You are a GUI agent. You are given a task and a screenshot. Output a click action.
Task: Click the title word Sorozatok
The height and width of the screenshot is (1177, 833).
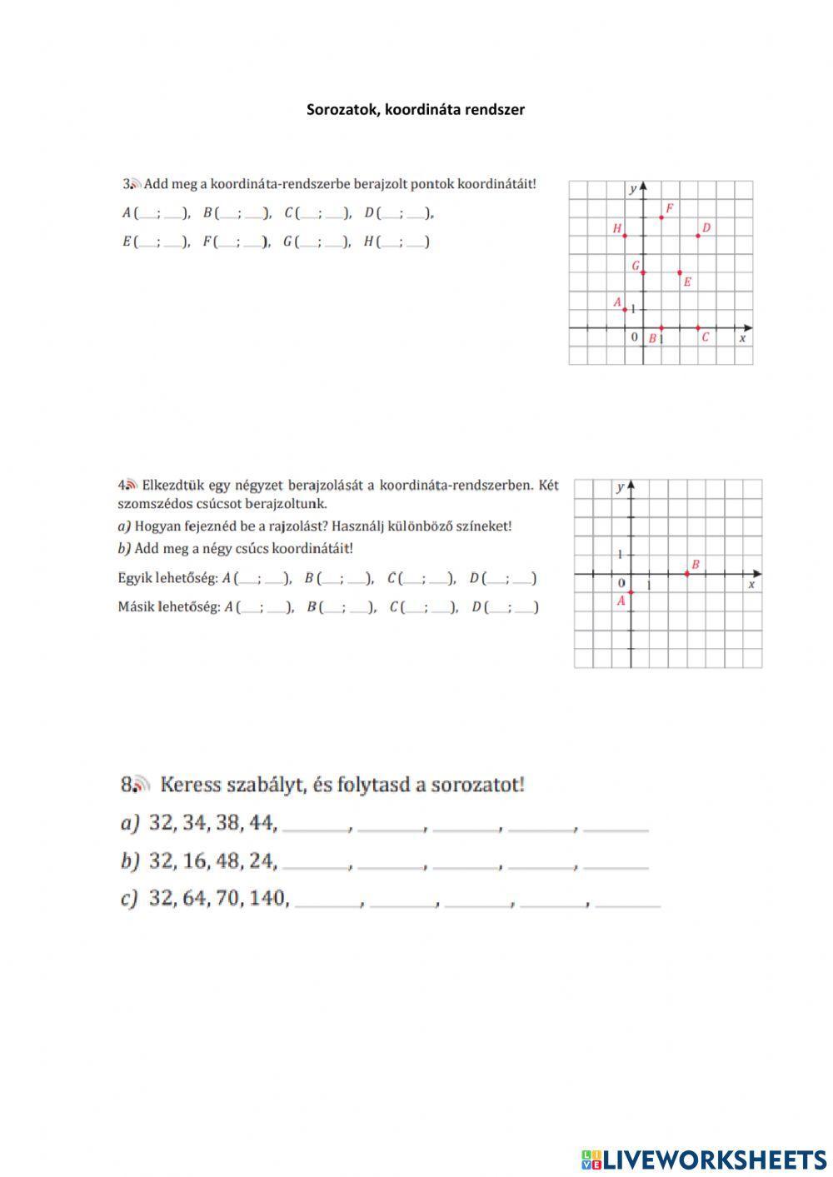click(341, 109)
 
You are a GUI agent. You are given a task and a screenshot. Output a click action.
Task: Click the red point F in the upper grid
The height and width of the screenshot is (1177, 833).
click(661, 217)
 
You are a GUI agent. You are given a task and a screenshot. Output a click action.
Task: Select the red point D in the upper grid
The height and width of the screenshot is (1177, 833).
click(698, 236)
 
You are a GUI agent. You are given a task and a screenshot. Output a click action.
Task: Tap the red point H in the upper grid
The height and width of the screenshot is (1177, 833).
click(625, 236)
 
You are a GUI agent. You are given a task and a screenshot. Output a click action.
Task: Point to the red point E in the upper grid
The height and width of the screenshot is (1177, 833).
click(680, 272)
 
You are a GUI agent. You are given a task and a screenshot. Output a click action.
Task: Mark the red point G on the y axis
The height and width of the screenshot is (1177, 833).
click(643, 272)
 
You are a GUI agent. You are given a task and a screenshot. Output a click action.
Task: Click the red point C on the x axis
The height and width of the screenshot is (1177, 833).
click(698, 328)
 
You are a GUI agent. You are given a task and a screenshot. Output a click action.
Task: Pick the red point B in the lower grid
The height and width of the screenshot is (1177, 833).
click(686, 573)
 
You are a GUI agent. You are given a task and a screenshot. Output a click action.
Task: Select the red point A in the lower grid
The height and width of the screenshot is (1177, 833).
click(631, 592)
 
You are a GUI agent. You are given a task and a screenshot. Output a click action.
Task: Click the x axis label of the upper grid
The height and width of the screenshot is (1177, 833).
click(742, 338)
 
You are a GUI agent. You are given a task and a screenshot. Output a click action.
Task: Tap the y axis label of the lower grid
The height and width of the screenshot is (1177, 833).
click(620, 487)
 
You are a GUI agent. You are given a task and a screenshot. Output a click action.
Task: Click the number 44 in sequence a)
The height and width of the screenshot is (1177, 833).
click(262, 823)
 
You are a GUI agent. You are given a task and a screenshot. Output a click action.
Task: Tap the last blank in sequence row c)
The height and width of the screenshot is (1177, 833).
click(628, 903)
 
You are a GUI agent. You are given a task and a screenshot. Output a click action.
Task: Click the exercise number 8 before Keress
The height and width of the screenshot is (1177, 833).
click(127, 785)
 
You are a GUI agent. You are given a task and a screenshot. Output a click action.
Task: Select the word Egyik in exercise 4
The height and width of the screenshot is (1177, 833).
click(134, 578)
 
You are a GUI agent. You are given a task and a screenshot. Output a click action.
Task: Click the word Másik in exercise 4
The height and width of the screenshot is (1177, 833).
click(135, 606)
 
